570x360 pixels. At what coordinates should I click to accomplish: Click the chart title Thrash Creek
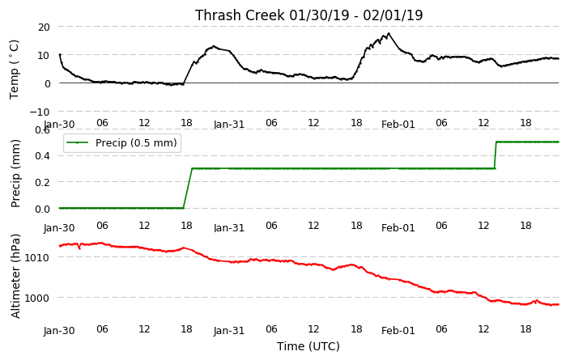240,15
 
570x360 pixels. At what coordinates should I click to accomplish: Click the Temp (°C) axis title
14,70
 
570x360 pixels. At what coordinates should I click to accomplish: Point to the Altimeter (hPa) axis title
15,276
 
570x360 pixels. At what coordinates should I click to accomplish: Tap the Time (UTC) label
308,346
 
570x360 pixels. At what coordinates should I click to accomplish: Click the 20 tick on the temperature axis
43,27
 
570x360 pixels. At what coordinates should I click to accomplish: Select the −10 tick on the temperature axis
40,112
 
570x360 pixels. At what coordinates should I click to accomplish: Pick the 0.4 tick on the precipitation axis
42,155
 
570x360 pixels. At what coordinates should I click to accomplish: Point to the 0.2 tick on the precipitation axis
42,182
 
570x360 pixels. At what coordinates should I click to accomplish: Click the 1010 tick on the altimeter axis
36,257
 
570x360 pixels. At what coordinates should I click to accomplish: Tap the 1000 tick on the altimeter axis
36,298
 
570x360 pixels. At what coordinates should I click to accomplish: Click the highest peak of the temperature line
389,33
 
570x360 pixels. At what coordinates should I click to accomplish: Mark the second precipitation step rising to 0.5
496,155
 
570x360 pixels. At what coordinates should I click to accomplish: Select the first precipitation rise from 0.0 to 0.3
188,188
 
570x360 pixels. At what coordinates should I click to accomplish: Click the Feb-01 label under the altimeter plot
398,331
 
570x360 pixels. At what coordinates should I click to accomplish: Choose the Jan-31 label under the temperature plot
229,125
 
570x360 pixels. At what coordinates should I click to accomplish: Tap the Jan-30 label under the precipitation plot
59,228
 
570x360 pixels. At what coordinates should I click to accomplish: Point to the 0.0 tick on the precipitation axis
42,209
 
